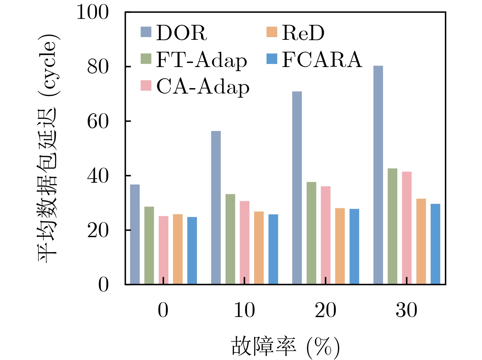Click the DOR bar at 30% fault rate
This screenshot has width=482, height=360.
pos(378,175)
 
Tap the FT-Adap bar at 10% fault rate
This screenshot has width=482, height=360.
pos(230,239)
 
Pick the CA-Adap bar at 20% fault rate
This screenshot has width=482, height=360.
pos(326,235)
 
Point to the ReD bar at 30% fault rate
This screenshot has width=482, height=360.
pos(421,241)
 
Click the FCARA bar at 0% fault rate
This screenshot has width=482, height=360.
pos(192,250)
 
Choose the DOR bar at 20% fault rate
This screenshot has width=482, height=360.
pos(297,188)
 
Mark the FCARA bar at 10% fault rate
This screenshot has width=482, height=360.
pos(273,249)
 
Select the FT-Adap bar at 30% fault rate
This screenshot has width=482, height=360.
pos(392,226)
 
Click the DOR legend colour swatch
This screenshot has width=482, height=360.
pos(146,32)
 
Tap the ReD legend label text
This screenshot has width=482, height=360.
pos(303,33)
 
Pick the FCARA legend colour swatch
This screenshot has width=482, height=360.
pos(272,59)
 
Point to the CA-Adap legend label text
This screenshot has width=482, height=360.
pos(203,87)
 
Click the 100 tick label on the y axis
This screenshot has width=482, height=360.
pos(93,13)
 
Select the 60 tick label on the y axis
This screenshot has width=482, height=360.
pos(98,121)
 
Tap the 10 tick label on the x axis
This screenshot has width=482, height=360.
pos(244,310)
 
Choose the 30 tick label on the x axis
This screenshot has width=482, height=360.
pos(406,310)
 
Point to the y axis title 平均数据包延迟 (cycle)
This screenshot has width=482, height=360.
pos(48,148)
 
